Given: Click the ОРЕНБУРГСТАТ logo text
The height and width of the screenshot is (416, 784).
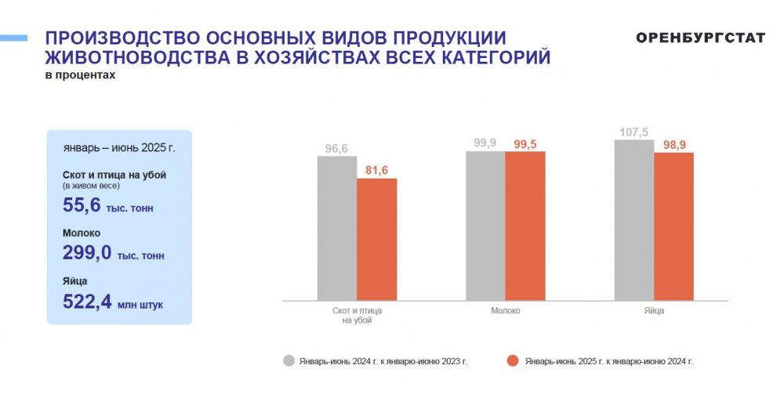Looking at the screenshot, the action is point(700,38).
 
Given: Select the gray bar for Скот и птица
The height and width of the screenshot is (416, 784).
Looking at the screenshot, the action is point(337,228).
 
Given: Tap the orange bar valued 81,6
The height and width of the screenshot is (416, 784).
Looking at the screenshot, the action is point(376,239).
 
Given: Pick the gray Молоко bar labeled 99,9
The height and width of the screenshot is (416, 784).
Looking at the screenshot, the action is point(485,226).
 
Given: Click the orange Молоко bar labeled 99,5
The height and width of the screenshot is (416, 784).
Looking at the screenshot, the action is point(525,226).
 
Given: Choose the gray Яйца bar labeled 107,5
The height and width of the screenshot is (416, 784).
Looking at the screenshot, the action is point(634,220).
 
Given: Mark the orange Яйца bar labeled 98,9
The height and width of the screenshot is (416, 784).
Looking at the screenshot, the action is point(673,226).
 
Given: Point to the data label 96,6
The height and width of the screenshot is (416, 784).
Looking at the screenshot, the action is point(336,149).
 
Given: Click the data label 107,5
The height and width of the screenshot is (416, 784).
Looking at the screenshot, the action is point(633,132).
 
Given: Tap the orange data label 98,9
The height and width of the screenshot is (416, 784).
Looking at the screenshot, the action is point(674,145).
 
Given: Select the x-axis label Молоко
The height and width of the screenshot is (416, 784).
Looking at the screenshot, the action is point(505,310).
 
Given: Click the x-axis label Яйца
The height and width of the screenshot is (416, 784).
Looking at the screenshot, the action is point(654,310).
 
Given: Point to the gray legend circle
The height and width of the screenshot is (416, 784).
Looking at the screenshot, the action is point(289,360).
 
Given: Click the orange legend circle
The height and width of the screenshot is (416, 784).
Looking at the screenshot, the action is point(513,360).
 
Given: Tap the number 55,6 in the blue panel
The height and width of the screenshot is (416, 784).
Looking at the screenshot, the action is point(82,205).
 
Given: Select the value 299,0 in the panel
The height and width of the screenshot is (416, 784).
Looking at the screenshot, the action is point(87,253).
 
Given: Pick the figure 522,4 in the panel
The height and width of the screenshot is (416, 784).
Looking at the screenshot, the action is point(87,302).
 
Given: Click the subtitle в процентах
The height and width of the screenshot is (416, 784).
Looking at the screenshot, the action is point(80,75).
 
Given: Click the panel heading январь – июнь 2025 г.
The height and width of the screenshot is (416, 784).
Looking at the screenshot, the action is point(119,148).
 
